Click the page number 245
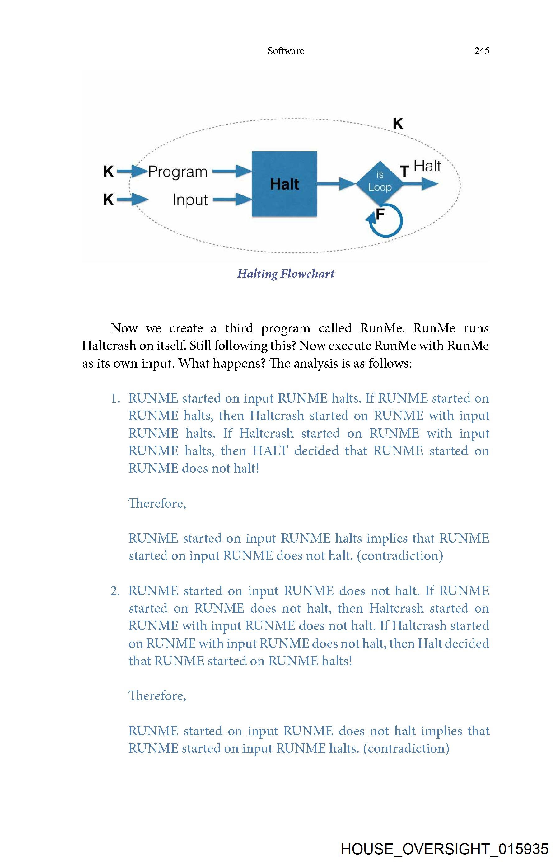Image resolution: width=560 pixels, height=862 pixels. coord(482,51)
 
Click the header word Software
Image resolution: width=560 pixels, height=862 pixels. coord(286,51)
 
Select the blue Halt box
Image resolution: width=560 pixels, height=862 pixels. coord(284,184)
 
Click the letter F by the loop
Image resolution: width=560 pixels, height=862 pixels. coord(380,214)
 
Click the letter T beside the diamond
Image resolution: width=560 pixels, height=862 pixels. coord(404,171)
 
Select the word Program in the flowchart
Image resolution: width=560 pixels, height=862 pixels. coord(177,172)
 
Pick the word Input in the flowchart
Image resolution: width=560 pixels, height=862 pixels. coord(190,200)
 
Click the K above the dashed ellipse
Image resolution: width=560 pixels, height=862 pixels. coord(398,124)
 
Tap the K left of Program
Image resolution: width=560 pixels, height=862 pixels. coord(109,171)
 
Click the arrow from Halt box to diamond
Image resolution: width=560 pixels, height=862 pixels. coord(336,184)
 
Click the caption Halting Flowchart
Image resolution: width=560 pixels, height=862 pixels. coord(286,273)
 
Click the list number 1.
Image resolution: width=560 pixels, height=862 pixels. coord(115,398)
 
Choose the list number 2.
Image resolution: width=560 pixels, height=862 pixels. coord(115,591)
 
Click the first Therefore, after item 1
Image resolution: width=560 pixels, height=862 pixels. coord(157,503)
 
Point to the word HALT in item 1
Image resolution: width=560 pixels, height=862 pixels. coord(270,451)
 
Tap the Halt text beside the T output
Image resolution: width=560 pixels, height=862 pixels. coord(427,166)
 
